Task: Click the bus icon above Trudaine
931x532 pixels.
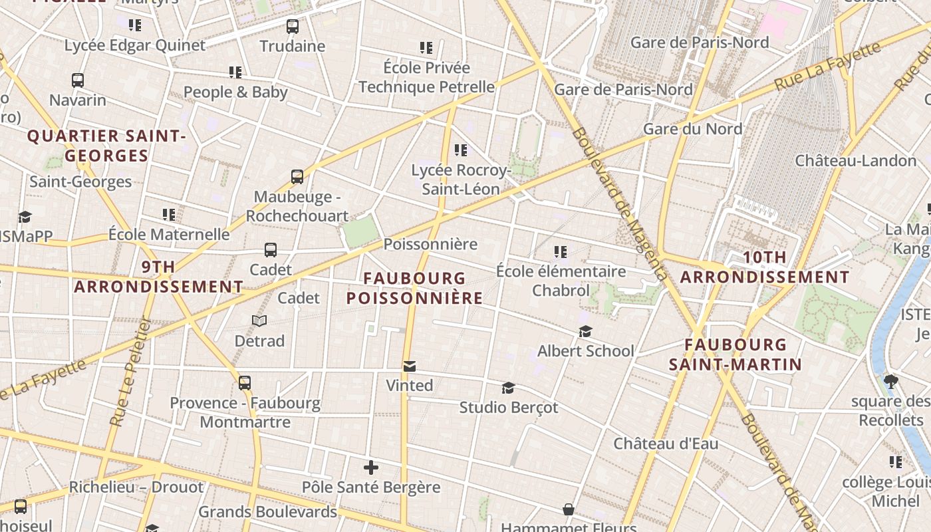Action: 293,27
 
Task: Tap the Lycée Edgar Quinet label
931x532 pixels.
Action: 135,46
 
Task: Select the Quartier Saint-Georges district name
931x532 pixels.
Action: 106,146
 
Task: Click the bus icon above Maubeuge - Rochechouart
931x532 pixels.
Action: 297,177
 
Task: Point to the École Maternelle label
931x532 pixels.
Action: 169,235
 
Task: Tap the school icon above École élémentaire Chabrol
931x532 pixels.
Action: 561,252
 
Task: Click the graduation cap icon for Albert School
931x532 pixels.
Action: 585,331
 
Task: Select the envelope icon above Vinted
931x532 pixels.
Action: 410,366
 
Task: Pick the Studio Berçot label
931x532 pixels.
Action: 509,407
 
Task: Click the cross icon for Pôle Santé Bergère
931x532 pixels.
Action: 371,467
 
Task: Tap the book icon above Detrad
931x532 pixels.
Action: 259,321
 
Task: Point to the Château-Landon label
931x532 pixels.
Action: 856,161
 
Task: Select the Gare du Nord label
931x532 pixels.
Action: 692,129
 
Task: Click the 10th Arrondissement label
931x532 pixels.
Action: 765,267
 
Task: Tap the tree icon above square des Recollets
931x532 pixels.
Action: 891,382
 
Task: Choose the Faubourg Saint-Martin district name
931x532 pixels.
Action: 735,354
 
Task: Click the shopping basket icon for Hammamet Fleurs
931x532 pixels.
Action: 569,509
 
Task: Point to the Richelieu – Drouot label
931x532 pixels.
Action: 136,487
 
